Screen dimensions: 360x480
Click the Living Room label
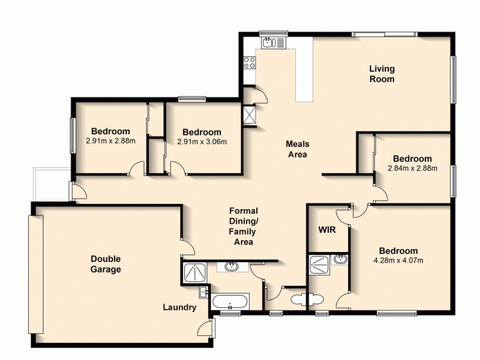pos(382,74)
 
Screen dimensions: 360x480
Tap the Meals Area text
pos(296,149)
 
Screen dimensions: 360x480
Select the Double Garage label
pos(106,264)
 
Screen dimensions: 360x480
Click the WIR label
pos(326,230)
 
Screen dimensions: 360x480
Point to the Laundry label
pos(179,308)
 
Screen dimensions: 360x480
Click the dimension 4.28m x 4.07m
pos(398,260)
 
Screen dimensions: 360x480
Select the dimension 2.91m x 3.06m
pos(202,142)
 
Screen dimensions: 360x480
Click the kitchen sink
pos(269,43)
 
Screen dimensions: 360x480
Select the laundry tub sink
pos(204,292)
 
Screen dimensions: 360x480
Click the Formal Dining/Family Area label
pos(244,227)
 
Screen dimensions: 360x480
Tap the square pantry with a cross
pos(248,113)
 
